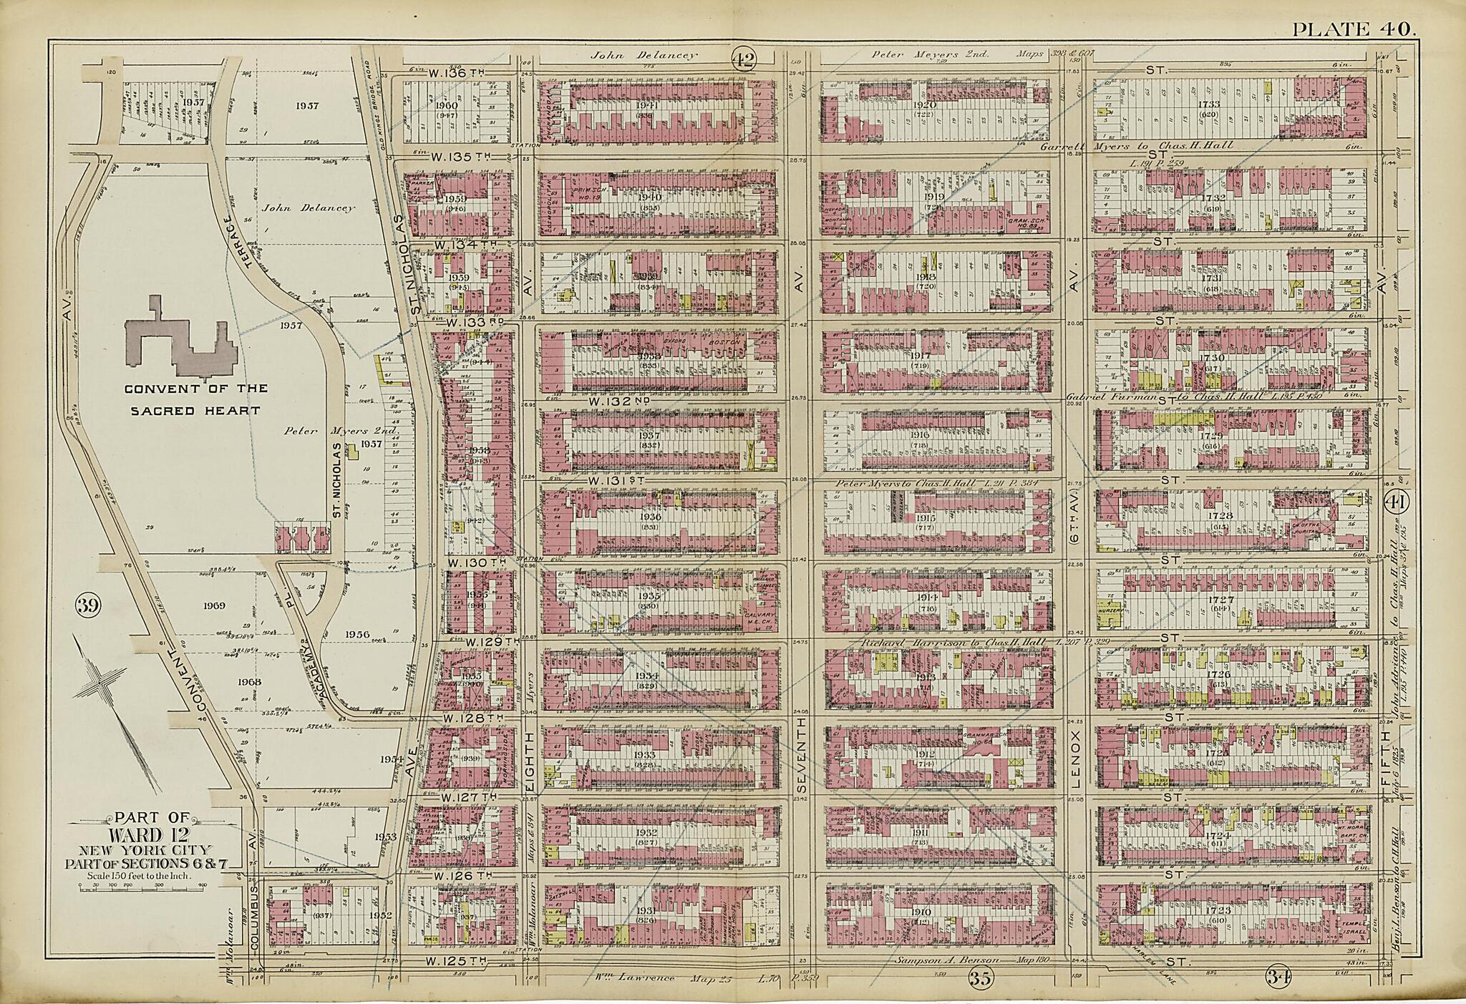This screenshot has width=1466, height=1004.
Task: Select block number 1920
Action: [x=935, y=105]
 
